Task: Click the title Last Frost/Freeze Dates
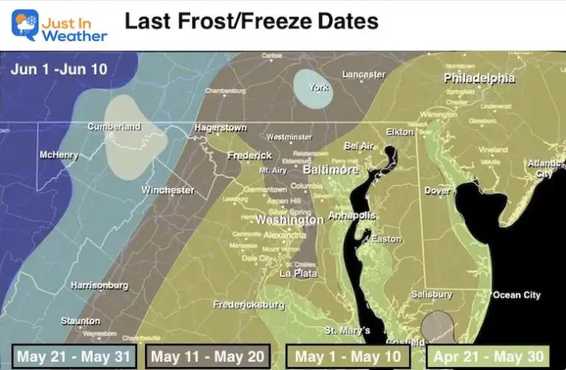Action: (251, 21)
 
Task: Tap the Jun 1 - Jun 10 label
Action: (58, 69)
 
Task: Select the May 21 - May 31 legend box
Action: (75, 357)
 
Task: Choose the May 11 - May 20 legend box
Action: (209, 357)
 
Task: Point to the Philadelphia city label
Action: (479, 78)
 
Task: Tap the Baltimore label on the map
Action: (330, 170)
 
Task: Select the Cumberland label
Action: (114, 127)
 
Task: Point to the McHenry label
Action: (60, 156)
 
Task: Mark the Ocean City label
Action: (517, 295)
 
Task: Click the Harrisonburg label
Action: (99, 285)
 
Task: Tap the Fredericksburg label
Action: (248, 304)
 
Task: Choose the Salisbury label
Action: (431, 295)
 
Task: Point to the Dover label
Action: (437, 191)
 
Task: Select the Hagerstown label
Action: (220, 128)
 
